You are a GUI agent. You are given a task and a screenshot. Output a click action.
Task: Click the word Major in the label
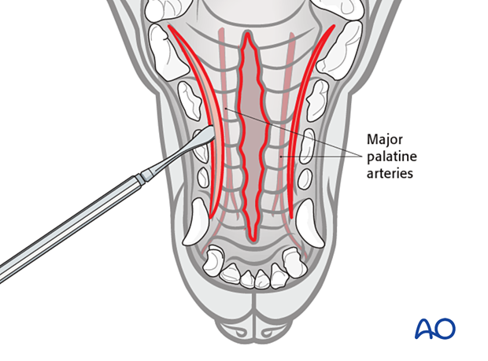pos(384,140)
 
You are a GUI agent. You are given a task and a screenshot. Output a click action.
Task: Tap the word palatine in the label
pos(391,157)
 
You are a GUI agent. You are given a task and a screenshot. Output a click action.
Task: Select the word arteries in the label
pos(390,173)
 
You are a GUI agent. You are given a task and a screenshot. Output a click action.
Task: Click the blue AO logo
pos(435,328)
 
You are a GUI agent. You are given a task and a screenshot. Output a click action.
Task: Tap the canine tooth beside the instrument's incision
pos(195,221)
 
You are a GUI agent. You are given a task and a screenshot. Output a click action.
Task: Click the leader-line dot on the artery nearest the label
pos(280,157)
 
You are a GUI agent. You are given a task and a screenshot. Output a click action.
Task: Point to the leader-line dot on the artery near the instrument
pos(226,109)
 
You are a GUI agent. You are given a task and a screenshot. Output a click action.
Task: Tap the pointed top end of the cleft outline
pos(247,32)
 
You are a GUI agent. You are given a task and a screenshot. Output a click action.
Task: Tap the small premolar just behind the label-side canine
pos(305,179)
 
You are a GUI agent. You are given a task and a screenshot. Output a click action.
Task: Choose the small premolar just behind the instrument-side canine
pos(204,177)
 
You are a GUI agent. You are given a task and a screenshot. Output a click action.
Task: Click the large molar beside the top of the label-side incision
pos(339,50)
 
